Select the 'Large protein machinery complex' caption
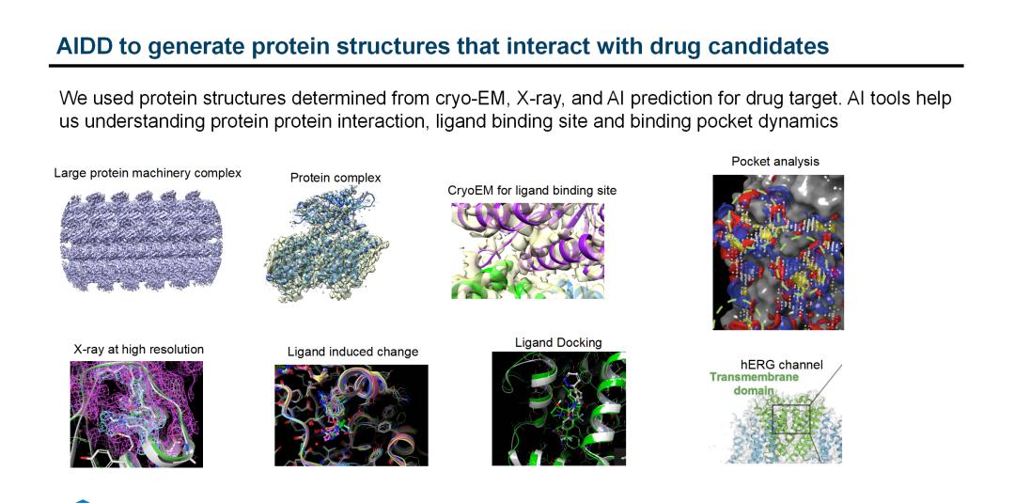click(x=148, y=173)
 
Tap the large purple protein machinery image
click(x=141, y=241)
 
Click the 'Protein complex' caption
click(x=336, y=178)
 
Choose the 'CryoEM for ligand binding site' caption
click(x=532, y=191)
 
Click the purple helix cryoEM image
click(x=527, y=250)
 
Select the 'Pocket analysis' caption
click(x=775, y=161)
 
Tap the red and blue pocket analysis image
click(x=778, y=253)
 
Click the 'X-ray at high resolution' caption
click(x=137, y=350)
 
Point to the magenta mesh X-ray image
click(x=136, y=414)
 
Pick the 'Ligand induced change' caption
click(x=352, y=353)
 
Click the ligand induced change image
click(x=351, y=415)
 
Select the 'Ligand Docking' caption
click(x=558, y=342)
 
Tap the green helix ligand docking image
click(x=558, y=408)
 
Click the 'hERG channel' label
click(x=782, y=365)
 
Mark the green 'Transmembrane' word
click(x=754, y=377)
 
